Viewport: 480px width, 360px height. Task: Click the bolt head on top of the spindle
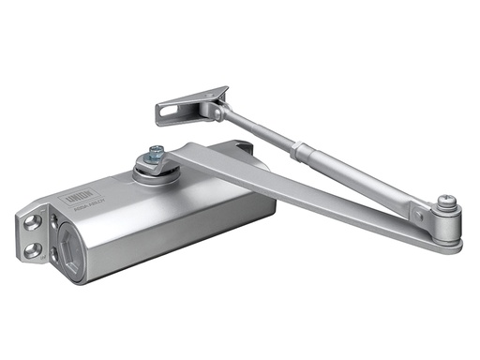click(x=155, y=152)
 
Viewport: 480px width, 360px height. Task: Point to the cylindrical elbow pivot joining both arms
click(x=446, y=225)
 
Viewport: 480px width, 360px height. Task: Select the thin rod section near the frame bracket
click(x=258, y=130)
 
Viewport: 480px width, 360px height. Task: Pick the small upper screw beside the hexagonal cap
click(x=57, y=216)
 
